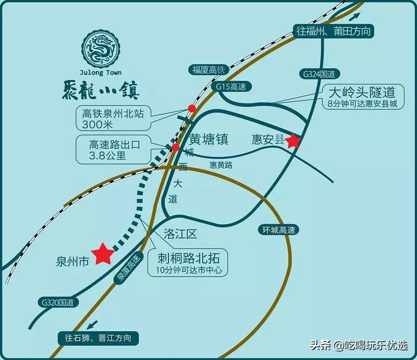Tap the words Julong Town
point(100,72)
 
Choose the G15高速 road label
point(231,87)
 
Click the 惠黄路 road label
point(221,165)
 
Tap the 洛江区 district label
point(180,234)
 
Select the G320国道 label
point(55,302)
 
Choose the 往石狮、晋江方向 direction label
point(98,338)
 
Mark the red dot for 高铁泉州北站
point(192,108)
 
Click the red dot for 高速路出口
point(175,147)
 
